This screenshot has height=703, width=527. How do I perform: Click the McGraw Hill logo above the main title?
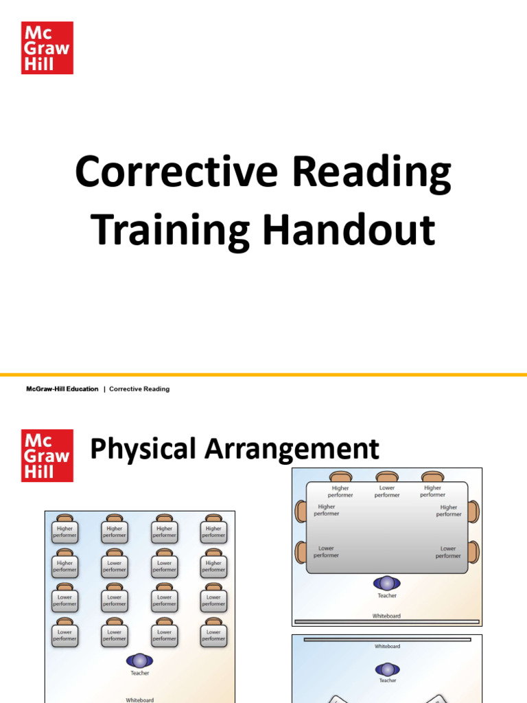click(47, 47)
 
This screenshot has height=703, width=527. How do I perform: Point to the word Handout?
click(351, 229)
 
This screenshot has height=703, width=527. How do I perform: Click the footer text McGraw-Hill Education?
click(62, 389)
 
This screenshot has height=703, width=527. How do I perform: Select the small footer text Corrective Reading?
click(139, 389)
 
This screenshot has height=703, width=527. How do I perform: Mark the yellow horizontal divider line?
click(263, 375)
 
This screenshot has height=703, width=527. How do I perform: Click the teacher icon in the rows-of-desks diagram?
click(139, 660)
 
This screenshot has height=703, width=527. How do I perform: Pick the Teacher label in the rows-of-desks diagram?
click(139, 673)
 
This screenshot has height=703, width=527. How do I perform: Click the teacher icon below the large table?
click(387, 583)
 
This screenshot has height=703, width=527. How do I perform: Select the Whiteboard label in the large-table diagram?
click(386, 616)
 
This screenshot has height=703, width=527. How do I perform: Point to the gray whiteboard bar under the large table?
click(386, 622)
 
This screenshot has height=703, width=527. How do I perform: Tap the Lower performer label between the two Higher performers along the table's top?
click(387, 492)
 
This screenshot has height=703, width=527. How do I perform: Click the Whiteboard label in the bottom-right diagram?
click(387, 647)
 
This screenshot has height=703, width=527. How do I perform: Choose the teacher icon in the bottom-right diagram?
click(387, 669)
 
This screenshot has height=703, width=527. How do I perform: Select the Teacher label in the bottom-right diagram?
click(388, 680)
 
